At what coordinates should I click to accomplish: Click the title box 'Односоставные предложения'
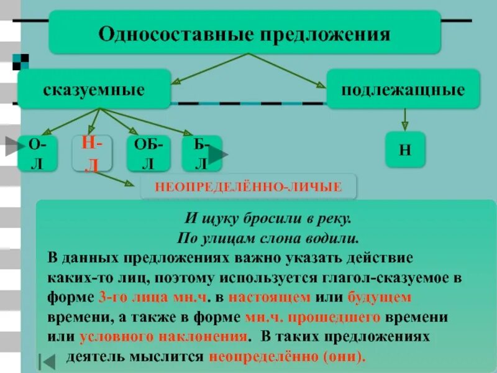tap(245, 32)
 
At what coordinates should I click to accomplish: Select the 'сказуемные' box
tap(94, 90)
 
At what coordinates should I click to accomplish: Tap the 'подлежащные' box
tap(403, 90)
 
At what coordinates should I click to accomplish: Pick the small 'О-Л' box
tap(37, 153)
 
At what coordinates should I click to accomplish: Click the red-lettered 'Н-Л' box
tap(92, 152)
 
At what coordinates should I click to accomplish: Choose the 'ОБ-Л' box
tap(148, 153)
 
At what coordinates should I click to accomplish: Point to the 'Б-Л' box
tap(200, 153)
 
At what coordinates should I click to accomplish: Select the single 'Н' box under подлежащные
tap(405, 149)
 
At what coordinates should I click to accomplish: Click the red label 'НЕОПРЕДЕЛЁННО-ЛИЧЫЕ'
tap(248, 186)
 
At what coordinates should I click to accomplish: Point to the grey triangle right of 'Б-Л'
tap(218, 155)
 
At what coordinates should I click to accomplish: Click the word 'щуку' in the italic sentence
tap(219, 219)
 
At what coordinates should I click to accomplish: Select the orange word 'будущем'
tap(379, 297)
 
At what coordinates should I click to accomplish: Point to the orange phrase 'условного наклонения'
tap(163, 336)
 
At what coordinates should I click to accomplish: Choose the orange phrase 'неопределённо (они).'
tap(288, 357)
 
